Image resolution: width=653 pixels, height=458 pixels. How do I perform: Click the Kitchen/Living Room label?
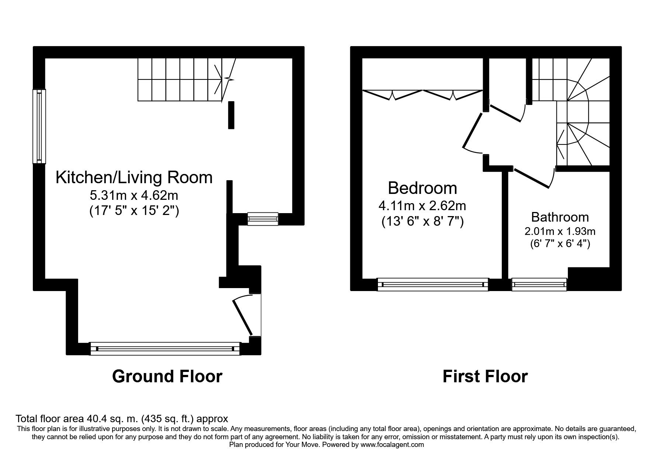tap(134, 178)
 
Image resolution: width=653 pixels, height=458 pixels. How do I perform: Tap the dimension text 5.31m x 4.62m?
tap(134, 195)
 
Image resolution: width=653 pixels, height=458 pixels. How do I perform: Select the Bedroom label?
tap(422, 188)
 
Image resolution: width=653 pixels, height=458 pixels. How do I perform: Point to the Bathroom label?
tap(560, 217)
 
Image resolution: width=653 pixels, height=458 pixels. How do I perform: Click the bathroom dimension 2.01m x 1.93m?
tap(560, 232)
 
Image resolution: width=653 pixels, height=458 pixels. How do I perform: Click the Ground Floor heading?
tap(167, 376)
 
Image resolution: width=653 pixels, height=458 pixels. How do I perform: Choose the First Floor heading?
tap(485, 376)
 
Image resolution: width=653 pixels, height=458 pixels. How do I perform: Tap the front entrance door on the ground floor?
tap(242, 317)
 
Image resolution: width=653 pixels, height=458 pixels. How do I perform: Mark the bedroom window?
tap(433, 284)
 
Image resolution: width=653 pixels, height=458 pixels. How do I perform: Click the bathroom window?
tap(539, 284)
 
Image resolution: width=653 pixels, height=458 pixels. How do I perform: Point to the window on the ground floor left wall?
tap(39, 126)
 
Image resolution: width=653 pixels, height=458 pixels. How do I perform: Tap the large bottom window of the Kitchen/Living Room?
tap(165, 348)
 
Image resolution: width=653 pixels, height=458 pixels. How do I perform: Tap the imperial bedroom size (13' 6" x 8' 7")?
tap(422, 222)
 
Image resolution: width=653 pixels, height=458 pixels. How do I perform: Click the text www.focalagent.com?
tap(392, 445)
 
